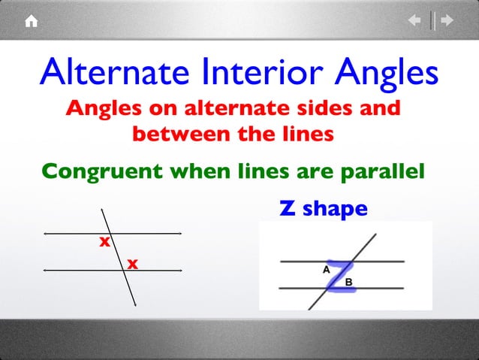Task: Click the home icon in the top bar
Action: tap(32, 22)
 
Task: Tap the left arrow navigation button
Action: tap(414, 21)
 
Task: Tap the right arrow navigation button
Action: tap(447, 21)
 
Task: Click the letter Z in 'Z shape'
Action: tap(286, 207)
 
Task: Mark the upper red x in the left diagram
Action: tap(104, 243)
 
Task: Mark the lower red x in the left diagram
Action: tap(132, 264)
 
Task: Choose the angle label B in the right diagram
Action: tap(349, 282)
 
